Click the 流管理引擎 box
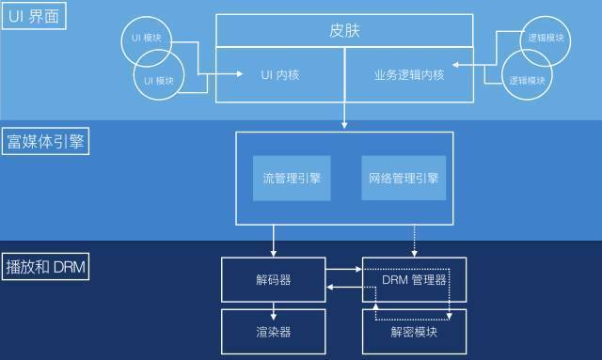(x=293, y=177)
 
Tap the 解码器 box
(x=273, y=280)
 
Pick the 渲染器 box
(x=273, y=331)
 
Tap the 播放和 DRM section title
(x=45, y=267)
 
